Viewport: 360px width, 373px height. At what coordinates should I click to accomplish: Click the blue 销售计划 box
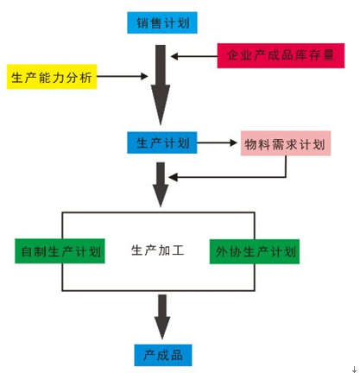(162, 22)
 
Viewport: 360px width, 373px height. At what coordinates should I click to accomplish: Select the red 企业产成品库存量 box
(281, 55)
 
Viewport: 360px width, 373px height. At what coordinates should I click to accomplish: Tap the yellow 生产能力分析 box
(52, 77)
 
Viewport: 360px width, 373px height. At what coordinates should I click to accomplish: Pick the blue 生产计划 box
(162, 142)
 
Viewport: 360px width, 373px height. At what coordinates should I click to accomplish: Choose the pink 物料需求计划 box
(286, 143)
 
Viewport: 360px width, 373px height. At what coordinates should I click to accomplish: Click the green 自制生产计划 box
(60, 251)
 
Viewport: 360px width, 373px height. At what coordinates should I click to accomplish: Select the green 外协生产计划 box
(255, 251)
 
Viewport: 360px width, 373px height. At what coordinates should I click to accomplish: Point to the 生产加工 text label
(157, 250)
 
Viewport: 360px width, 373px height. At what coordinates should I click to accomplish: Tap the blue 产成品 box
(163, 355)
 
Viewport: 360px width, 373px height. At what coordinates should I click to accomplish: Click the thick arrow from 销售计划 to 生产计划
(161, 85)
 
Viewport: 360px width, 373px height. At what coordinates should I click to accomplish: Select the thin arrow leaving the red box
(194, 56)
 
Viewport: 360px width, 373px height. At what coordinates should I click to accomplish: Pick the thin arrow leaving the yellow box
(123, 76)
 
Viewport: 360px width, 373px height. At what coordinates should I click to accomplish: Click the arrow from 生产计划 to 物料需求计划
(217, 142)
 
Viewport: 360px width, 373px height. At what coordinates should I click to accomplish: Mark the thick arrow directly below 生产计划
(161, 185)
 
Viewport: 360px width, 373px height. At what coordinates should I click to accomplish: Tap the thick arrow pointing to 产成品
(162, 317)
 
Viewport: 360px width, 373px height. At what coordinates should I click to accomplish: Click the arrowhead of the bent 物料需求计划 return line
(173, 177)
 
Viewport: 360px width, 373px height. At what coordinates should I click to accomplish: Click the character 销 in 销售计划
(142, 23)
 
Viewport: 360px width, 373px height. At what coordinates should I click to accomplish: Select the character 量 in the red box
(328, 55)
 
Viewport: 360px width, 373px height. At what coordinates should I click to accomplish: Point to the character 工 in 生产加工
(178, 250)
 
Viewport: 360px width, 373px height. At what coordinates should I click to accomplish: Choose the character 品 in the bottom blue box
(177, 356)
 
